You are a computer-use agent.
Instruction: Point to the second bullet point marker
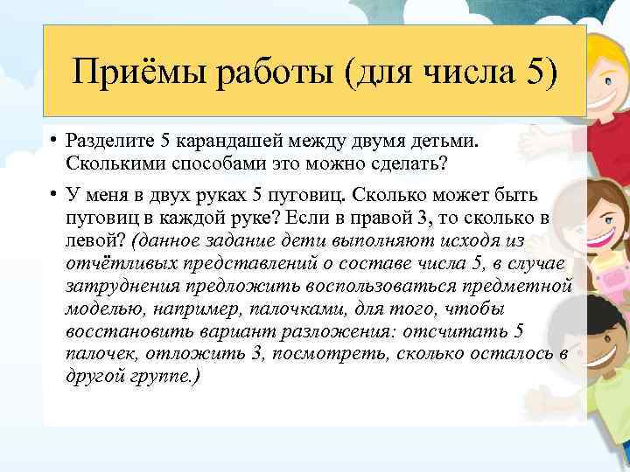53,193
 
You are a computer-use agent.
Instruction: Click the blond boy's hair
604,44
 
